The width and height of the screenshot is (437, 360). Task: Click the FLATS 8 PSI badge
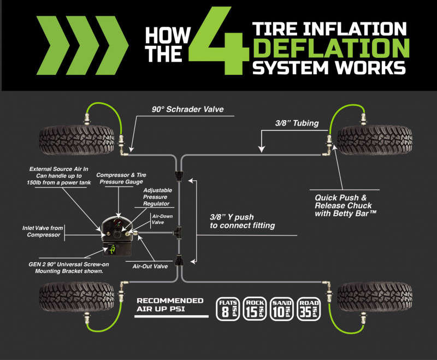pyautogui.click(x=228, y=309)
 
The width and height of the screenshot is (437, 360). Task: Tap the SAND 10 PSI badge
pyautogui.click(x=282, y=309)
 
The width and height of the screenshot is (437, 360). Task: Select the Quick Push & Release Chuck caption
pyautogui.click(x=350, y=202)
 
